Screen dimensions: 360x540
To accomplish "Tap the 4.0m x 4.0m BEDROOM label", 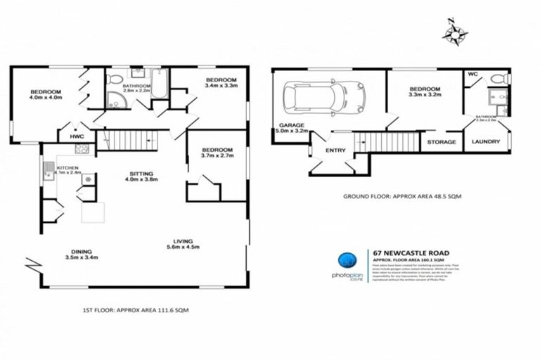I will pos(45,95).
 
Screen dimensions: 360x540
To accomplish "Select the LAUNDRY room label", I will pos(486,142).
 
